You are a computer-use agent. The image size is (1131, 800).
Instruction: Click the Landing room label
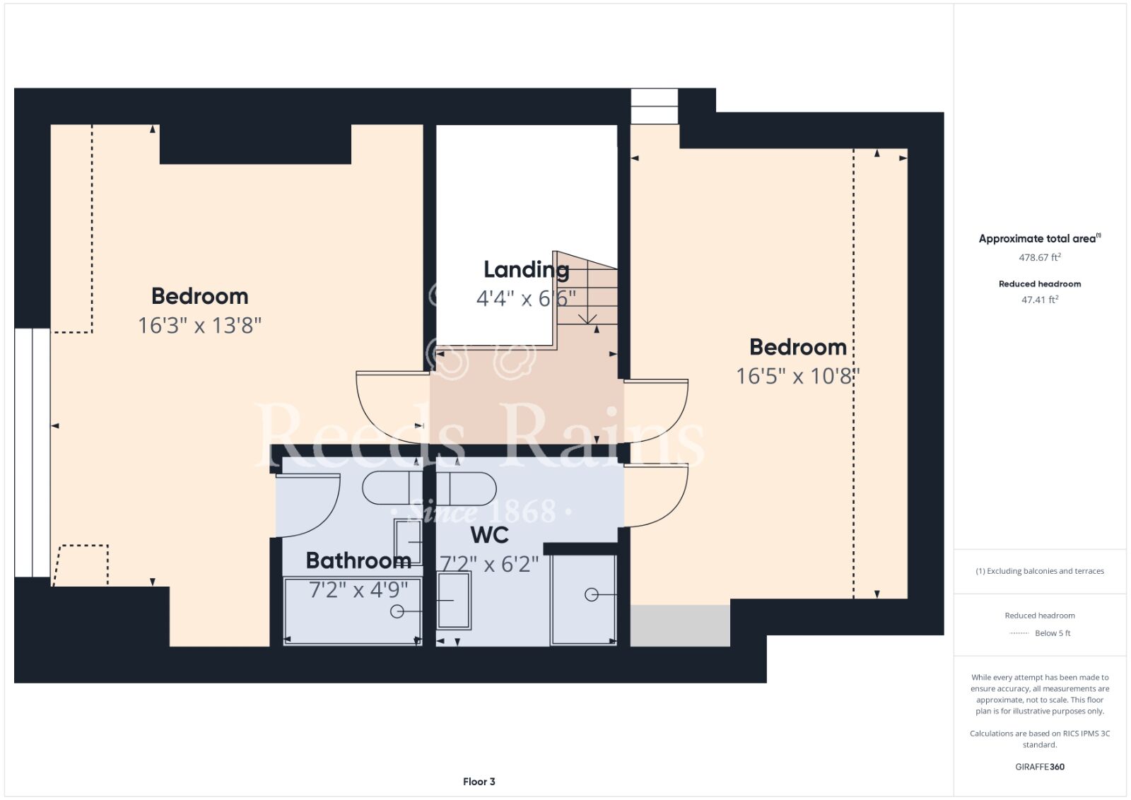(x=526, y=271)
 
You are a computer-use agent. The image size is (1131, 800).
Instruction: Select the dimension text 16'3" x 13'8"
(x=200, y=326)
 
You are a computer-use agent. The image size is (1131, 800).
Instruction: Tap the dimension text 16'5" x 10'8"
(x=798, y=376)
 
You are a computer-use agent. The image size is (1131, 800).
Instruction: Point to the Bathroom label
(x=358, y=560)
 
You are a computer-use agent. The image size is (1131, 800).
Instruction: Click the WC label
(x=489, y=535)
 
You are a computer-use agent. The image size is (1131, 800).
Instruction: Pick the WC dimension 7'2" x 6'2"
(x=489, y=564)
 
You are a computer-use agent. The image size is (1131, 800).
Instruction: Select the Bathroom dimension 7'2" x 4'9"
(x=358, y=589)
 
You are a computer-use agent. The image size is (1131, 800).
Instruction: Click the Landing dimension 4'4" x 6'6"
(x=526, y=299)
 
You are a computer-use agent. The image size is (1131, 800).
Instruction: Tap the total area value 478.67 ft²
(x=1040, y=257)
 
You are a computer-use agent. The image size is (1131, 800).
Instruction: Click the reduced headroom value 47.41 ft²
(x=1040, y=300)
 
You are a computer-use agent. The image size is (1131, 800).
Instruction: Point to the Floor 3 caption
(x=479, y=782)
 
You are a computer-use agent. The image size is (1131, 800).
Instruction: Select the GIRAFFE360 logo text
(x=1040, y=767)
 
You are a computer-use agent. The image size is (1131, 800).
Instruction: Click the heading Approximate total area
(x=1040, y=238)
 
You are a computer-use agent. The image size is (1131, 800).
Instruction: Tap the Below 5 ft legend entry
(x=1053, y=633)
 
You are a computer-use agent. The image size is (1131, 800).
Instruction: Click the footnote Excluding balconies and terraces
(x=1040, y=571)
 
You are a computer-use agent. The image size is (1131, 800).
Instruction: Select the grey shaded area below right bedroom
(x=680, y=625)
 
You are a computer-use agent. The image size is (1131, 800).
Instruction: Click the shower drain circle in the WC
(x=591, y=595)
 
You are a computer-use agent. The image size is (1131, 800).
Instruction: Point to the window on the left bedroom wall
(x=33, y=452)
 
